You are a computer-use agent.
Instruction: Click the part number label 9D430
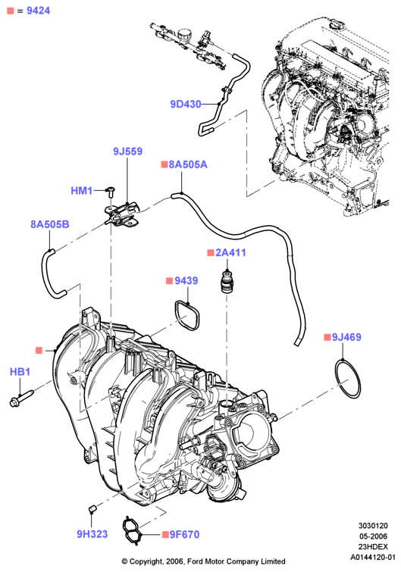coord(186,105)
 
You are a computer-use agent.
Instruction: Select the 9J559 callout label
coord(127,152)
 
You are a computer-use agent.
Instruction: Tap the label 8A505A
coord(188,164)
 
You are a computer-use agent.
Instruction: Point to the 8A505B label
coord(50,224)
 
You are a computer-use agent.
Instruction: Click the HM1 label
coord(82,191)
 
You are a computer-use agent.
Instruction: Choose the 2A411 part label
coord(230,252)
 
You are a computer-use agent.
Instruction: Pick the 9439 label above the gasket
coord(186,280)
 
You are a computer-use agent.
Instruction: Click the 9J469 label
coord(346,337)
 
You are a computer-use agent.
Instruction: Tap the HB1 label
coord(20,372)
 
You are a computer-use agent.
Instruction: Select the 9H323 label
coord(92,534)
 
